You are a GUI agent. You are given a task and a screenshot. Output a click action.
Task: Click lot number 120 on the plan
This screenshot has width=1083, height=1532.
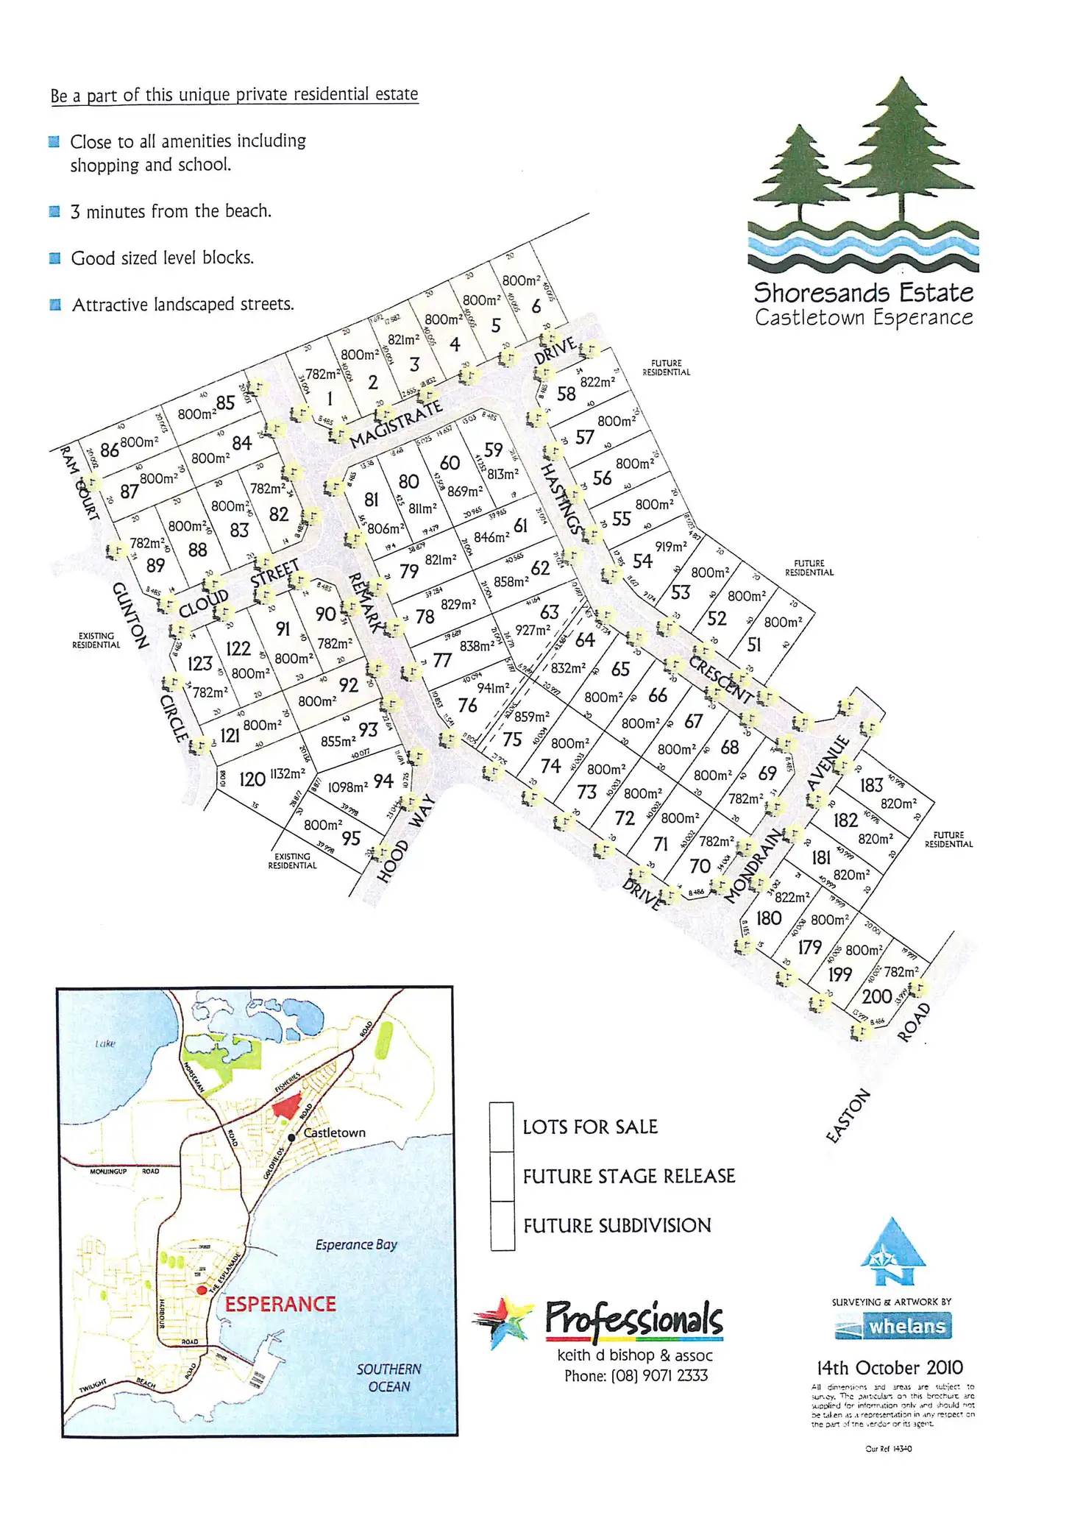tap(252, 779)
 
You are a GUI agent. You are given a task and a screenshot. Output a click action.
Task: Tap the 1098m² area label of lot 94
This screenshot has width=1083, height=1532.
tap(347, 787)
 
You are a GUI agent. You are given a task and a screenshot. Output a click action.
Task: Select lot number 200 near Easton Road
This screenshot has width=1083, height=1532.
tap(876, 996)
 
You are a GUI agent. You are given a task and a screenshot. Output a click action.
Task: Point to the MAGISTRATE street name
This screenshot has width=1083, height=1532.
tap(396, 425)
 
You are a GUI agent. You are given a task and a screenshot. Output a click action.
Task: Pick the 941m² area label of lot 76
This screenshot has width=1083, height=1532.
tap(493, 688)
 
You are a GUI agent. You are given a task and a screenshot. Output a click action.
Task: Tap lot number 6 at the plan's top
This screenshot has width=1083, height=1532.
tap(536, 306)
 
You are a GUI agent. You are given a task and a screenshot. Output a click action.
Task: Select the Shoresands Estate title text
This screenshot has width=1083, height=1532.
tap(863, 293)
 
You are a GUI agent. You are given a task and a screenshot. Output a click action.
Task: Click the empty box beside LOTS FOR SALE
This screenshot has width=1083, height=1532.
tap(502, 1127)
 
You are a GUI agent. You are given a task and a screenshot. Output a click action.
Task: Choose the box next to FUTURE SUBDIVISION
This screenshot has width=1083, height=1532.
tap(502, 1226)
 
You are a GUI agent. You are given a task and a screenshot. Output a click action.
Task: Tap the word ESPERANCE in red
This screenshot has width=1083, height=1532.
tap(280, 1305)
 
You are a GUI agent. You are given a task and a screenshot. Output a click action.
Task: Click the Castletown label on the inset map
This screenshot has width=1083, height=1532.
tap(334, 1133)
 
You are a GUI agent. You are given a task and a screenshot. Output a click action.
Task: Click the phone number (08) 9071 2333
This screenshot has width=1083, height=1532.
tap(636, 1376)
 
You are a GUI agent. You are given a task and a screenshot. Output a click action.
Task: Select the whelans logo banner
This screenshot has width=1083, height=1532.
tap(892, 1326)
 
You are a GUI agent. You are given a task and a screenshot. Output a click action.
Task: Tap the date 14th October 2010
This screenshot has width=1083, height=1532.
tap(889, 1368)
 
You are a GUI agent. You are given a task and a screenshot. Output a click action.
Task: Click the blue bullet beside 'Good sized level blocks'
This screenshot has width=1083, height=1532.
tap(54, 258)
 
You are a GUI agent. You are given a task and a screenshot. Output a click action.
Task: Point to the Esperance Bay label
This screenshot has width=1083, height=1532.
tap(356, 1245)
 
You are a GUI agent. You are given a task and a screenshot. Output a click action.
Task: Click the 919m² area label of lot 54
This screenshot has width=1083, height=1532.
tap(671, 547)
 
